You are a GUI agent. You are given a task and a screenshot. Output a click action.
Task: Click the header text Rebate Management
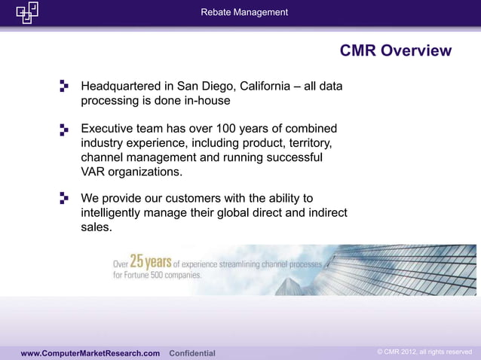(244, 12)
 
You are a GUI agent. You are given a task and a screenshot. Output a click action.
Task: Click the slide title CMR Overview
(396, 51)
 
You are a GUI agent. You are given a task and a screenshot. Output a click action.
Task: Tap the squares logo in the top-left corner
(27, 12)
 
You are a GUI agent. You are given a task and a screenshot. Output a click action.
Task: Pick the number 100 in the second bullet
(226, 129)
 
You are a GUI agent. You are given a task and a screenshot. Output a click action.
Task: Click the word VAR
(94, 172)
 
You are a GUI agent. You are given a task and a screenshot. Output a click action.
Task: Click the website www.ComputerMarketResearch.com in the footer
(90, 353)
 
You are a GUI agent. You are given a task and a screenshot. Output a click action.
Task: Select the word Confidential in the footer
(192, 353)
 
